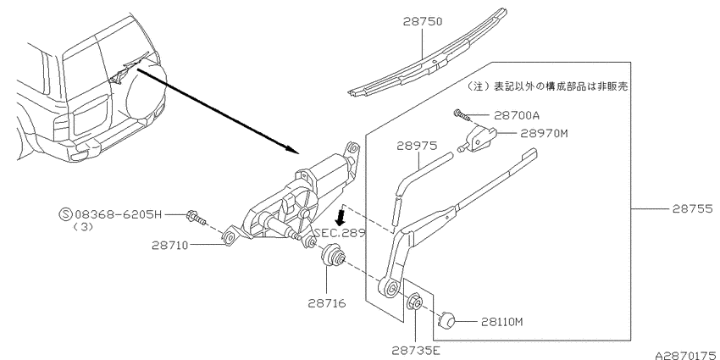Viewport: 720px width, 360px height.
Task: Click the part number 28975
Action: click(417, 147)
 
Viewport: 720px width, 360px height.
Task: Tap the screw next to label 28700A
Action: click(460, 114)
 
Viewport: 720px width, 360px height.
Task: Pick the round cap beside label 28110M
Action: click(448, 320)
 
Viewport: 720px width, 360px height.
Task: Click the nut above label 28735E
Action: click(416, 302)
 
